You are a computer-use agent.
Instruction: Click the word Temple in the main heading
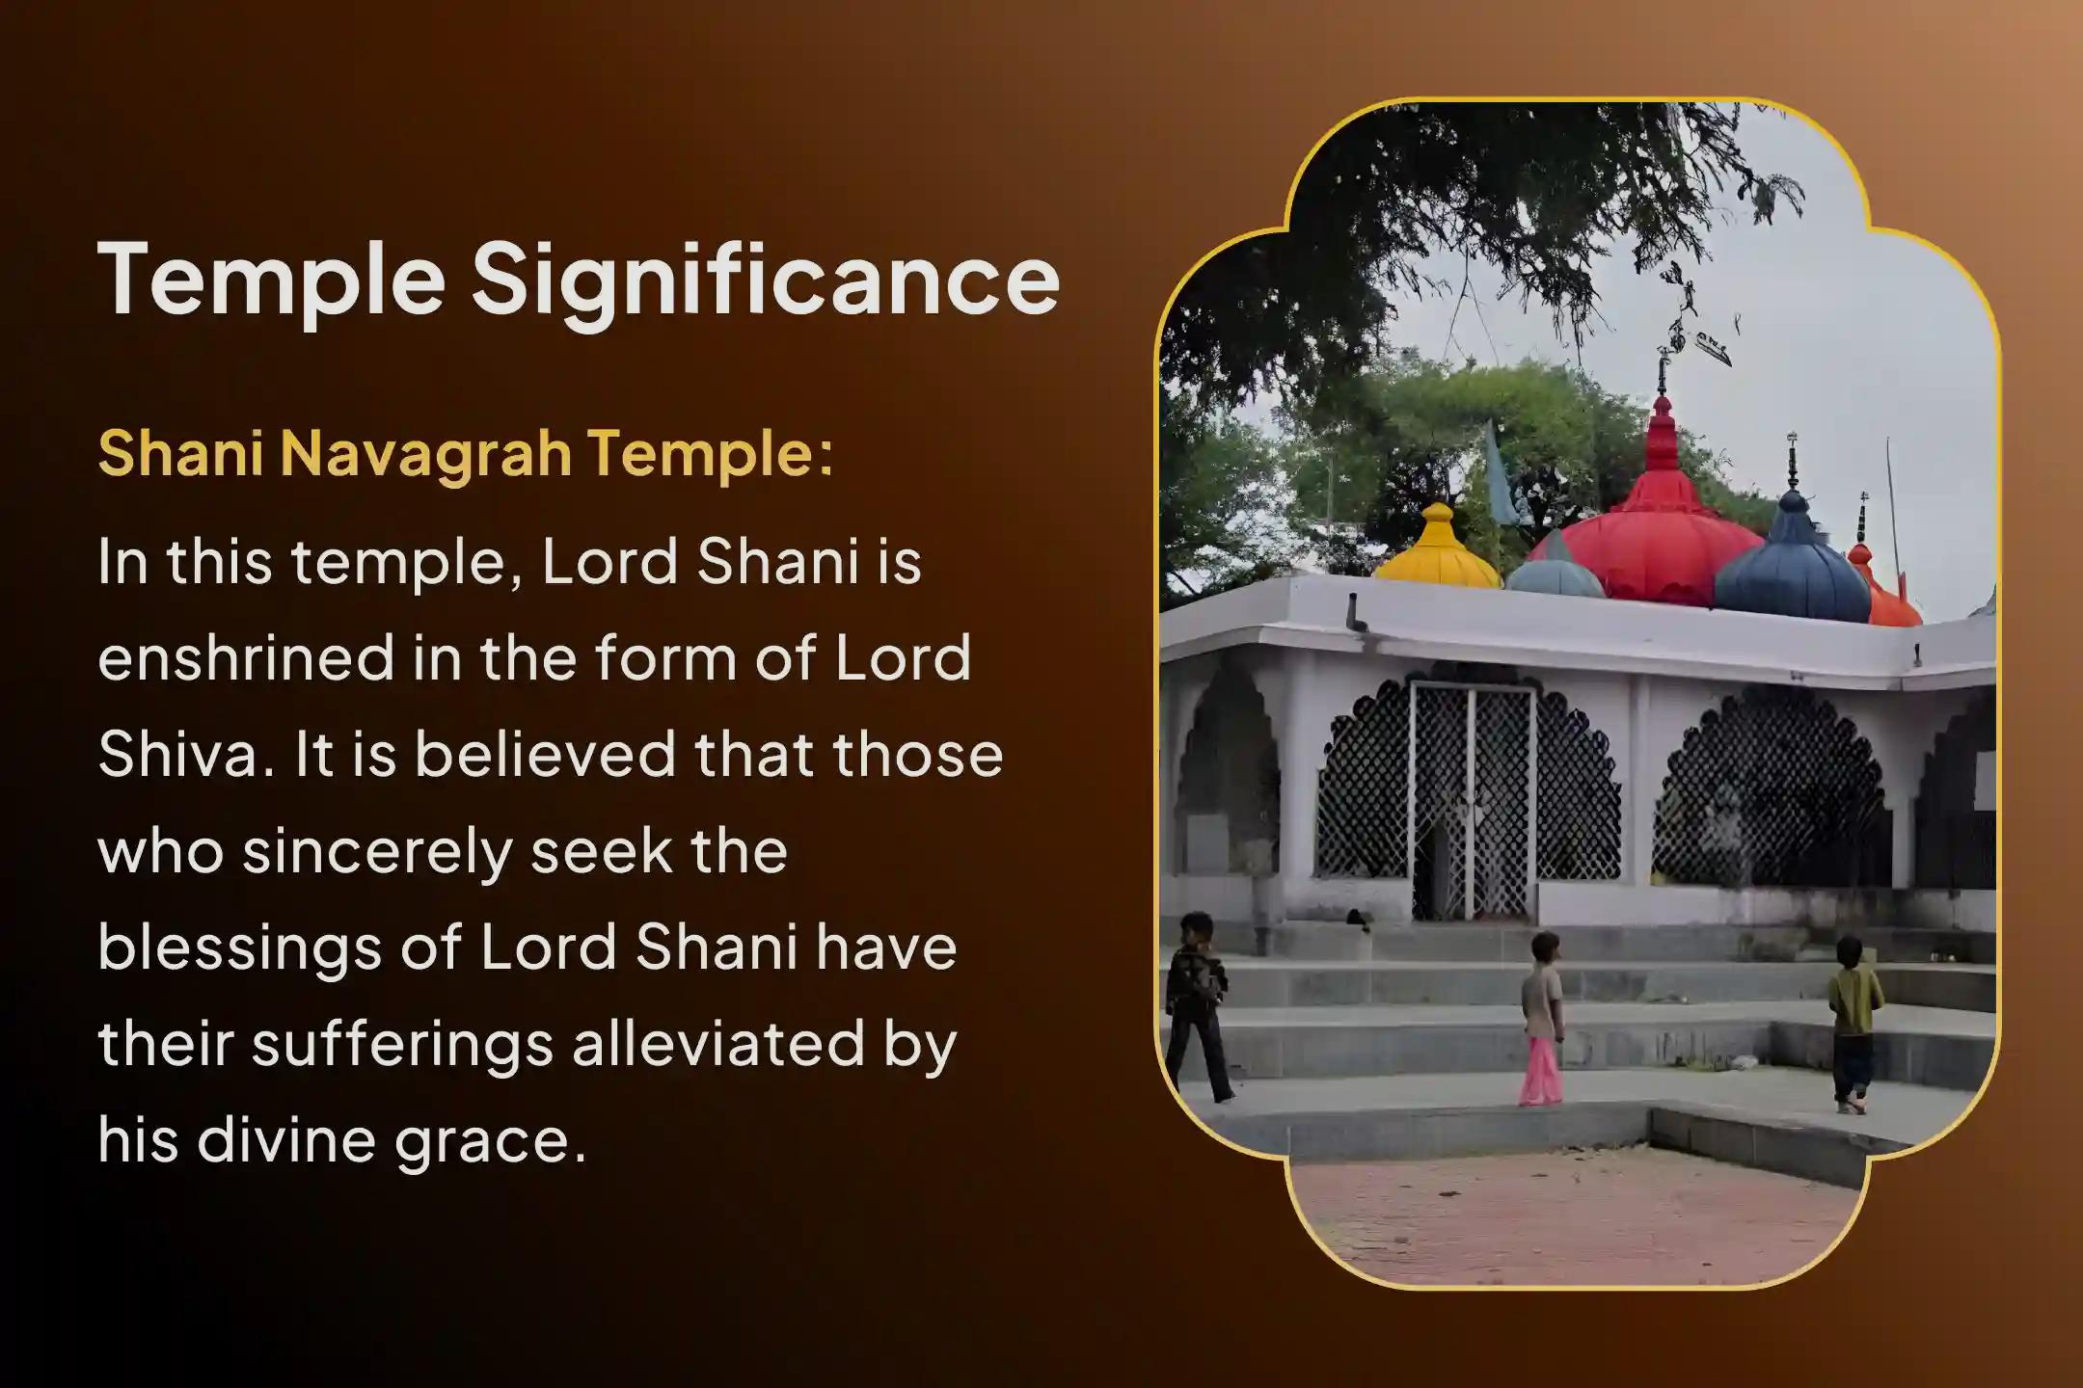[272, 280]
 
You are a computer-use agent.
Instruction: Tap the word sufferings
[403, 1044]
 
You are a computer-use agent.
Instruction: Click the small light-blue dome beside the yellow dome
[1555, 573]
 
